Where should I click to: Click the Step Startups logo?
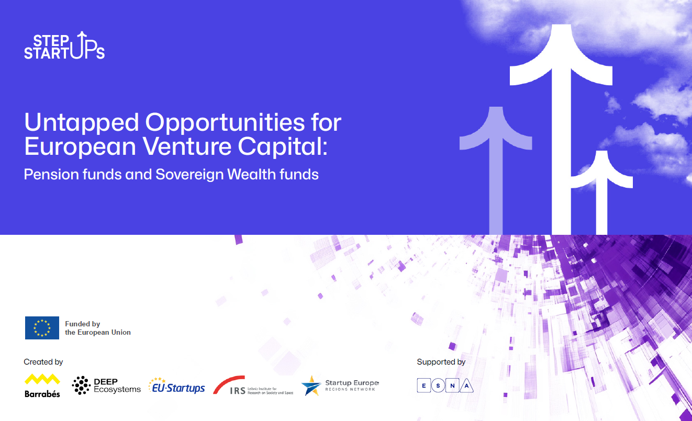64,45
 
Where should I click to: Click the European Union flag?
42,328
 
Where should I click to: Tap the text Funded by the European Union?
97,328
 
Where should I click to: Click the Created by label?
43,361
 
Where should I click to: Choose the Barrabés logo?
42,385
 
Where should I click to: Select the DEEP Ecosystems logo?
106,385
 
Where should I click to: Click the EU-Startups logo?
176,386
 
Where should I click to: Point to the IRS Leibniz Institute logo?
253,386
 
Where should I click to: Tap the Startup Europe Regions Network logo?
340,385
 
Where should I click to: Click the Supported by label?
441,361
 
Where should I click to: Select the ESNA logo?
445,386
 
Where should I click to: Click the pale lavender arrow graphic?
496,167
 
